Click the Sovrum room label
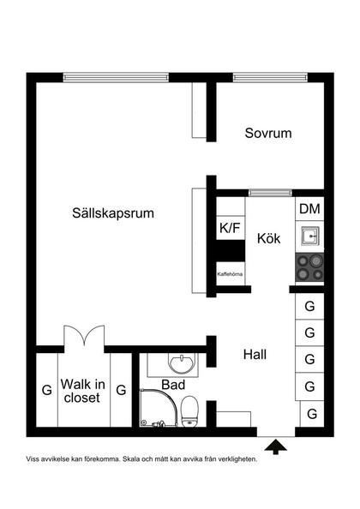click(268, 133)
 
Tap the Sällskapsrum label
click(113, 213)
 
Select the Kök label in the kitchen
click(268, 238)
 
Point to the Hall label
click(255, 354)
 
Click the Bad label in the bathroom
click(173, 385)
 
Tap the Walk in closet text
click(83, 391)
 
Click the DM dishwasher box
click(309, 209)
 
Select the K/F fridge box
click(231, 228)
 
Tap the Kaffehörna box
click(231, 273)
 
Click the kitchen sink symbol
click(309, 237)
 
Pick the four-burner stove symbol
click(309, 267)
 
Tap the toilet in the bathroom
click(189, 411)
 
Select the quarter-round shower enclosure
click(159, 407)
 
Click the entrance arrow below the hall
click(276, 446)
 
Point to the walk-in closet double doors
click(84, 336)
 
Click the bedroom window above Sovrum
click(270, 77)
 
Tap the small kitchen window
click(270, 193)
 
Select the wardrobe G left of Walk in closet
click(47, 390)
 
